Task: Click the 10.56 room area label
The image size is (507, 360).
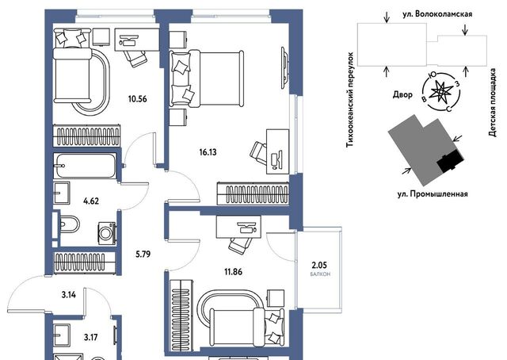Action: pyautogui.click(x=137, y=99)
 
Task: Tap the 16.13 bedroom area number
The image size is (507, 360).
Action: pyautogui.click(x=208, y=151)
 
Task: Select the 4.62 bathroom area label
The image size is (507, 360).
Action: pyautogui.click(x=91, y=201)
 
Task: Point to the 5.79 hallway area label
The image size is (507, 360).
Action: pyautogui.click(x=143, y=255)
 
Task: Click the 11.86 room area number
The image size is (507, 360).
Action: pyautogui.click(x=233, y=272)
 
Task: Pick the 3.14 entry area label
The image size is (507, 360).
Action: pyautogui.click(x=69, y=295)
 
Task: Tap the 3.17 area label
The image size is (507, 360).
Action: pyautogui.click(x=90, y=338)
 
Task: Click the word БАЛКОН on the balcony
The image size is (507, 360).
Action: pyautogui.click(x=320, y=274)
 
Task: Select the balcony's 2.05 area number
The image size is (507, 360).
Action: pyautogui.click(x=319, y=266)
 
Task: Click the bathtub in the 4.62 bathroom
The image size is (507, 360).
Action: pyautogui.click(x=85, y=166)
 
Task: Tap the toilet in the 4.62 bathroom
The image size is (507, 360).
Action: pyautogui.click(x=69, y=224)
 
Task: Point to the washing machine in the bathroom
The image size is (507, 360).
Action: pyautogui.click(x=107, y=232)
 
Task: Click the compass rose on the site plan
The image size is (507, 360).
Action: pyautogui.click(x=441, y=92)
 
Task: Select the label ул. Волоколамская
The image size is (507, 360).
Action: pyautogui.click(x=437, y=14)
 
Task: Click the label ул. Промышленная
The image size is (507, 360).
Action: pyautogui.click(x=433, y=194)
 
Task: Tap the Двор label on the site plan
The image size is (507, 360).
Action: pyautogui.click(x=402, y=94)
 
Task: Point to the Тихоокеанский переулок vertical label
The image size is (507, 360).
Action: pyautogui.click(x=350, y=100)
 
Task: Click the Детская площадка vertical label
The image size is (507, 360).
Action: pyautogui.click(x=493, y=102)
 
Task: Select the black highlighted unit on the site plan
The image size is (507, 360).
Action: pyautogui.click(x=451, y=160)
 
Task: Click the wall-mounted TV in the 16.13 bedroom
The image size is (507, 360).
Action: pyautogui.click(x=284, y=67)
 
